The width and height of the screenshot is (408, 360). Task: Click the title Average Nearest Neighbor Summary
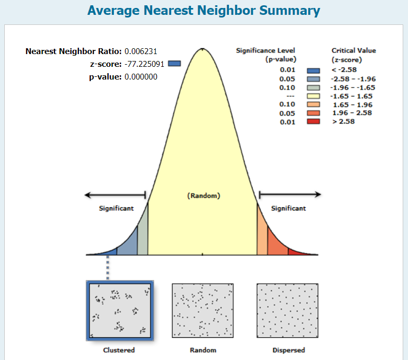pyautogui.click(x=203, y=10)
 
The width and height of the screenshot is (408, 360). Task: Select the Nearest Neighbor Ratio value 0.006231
pyautogui.click(x=141, y=51)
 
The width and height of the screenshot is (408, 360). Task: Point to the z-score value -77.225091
pyautogui.click(x=145, y=64)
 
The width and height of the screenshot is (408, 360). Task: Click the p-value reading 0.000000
pyautogui.click(x=141, y=77)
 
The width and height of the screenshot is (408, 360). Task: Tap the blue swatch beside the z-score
pyautogui.click(x=174, y=64)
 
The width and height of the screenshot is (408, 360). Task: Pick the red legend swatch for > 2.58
pyautogui.click(x=314, y=121)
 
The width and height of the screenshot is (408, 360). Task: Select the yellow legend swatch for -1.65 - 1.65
pyautogui.click(x=314, y=96)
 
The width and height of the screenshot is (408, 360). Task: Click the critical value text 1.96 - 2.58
pyautogui.click(x=350, y=113)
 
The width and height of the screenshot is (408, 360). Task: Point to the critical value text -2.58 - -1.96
pyautogui.click(x=352, y=79)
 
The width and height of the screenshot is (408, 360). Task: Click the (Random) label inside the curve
pyautogui.click(x=203, y=196)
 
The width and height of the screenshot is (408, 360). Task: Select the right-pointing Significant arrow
pyautogui.click(x=289, y=195)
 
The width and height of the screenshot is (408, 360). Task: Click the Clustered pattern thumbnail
pyautogui.click(x=120, y=311)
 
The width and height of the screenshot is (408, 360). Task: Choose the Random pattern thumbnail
pyautogui.click(x=203, y=311)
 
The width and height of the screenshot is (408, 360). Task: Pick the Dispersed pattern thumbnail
pyautogui.click(x=288, y=311)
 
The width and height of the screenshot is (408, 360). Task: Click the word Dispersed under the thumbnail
pyautogui.click(x=288, y=350)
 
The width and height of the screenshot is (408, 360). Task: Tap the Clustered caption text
pyautogui.click(x=119, y=350)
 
